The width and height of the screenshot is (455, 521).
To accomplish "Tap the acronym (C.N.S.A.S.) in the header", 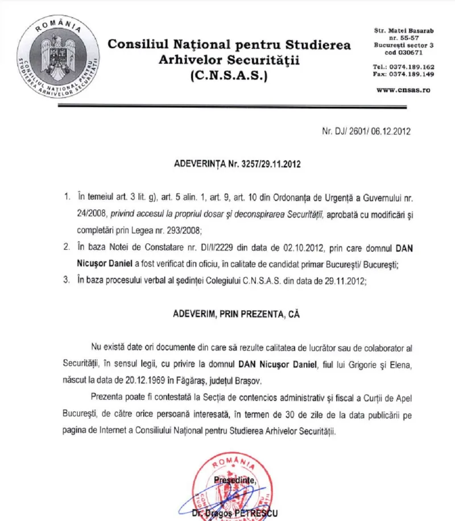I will (x=230, y=74).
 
